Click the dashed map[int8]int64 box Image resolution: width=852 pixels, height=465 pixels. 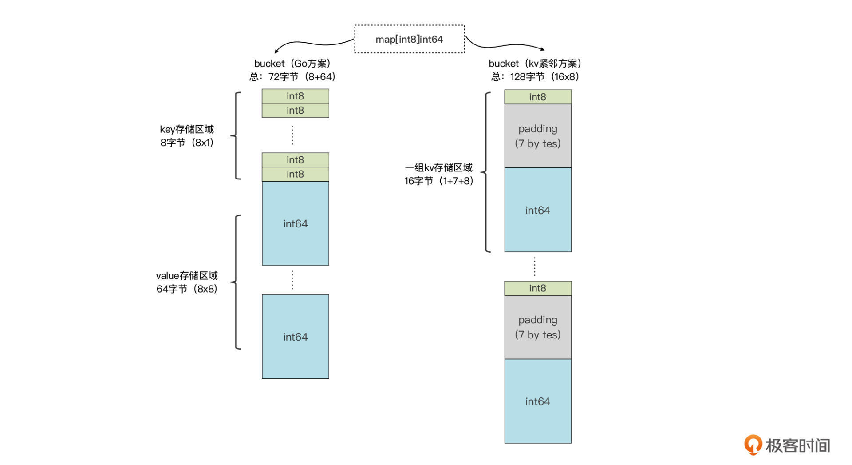[x=409, y=39]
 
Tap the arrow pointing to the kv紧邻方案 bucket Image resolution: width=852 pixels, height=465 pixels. [x=506, y=45]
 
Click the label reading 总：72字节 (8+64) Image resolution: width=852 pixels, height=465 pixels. [x=292, y=77]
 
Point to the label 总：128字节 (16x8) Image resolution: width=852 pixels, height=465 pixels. [x=535, y=77]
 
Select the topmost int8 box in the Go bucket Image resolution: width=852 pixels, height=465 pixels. [x=295, y=96]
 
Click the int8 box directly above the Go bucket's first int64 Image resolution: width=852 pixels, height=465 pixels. [x=295, y=174]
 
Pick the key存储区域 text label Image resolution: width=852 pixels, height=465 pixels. [x=187, y=129]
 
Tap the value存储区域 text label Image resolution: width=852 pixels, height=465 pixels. [x=187, y=276]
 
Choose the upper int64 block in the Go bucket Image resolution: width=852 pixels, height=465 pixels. [x=295, y=223]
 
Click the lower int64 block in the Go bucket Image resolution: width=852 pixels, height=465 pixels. [x=295, y=337]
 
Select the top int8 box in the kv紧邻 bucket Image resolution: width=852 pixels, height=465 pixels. [x=537, y=97]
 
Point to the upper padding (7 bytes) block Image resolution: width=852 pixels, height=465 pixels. [x=537, y=136]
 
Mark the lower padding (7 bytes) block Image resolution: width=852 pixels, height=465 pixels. [x=537, y=327]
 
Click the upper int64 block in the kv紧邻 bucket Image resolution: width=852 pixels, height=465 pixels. [x=537, y=210]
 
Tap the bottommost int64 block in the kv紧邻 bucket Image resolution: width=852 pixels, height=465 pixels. [x=537, y=401]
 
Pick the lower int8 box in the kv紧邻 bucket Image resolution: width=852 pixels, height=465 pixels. [x=537, y=288]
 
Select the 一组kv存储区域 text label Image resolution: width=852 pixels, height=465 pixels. [x=438, y=167]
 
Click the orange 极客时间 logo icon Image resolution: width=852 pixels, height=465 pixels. [x=753, y=445]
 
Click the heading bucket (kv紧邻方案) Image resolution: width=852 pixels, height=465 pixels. [x=535, y=64]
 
